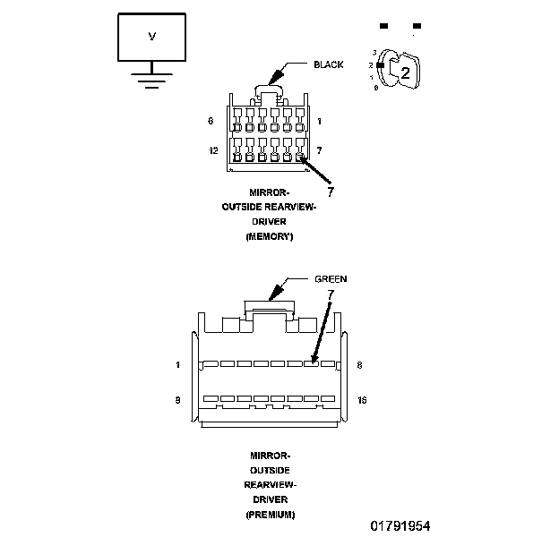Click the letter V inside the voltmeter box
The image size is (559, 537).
pyautogui.click(x=150, y=36)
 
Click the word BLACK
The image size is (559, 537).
pyautogui.click(x=328, y=64)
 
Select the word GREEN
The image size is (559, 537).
pyautogui.click(x=331, y=279)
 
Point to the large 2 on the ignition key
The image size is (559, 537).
pyautogui.click(x=405, y=73)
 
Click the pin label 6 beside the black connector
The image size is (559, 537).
pyautogui.click(x=211, y=120)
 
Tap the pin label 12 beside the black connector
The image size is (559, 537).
pyautogui.click(x=213, y=150)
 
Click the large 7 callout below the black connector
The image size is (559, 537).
pyautogui.click(x=330, y=191)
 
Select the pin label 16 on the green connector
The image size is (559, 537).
pyautogui.click(x=362, y=400)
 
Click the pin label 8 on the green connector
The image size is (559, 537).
pyautogui.click(x=358, y=365)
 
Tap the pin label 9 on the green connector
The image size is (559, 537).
pyautogui.click(x=178, y=400)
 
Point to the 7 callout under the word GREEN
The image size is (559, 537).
pyautogui.click(x=331, y=294)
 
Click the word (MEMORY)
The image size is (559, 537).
pyautogui.click(x=269, y=236)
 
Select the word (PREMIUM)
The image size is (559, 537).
pyautogui.click(x=270, y=515)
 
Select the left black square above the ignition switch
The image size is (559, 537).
pyautogui.click(x=384, y=26)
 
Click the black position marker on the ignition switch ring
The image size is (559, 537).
pyautogui.click(x=380, y=65)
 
